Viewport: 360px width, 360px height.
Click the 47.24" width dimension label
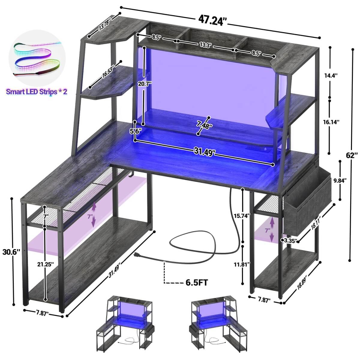pos(212,21)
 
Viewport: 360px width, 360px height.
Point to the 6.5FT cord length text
pos(196,288)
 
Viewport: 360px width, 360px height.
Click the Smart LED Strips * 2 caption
pos(36,92)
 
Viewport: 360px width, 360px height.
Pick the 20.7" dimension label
pos(144,84)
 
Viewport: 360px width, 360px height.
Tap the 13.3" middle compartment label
pos(205,45)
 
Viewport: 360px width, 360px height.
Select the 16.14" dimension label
pos(331,122)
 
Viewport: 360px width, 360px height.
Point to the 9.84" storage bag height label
pos(340,180)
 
